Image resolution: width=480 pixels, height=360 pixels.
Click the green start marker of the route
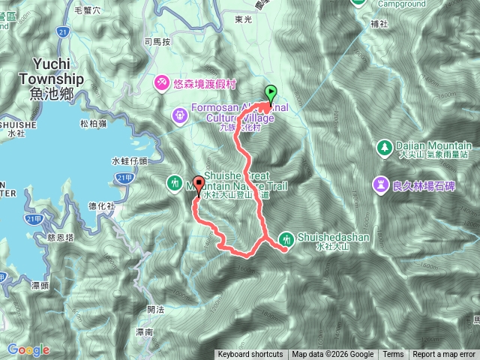click(270, 94)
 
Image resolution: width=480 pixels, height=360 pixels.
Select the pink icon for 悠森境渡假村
click(160, 82)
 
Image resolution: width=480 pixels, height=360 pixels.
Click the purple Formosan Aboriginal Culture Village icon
click(179, 115)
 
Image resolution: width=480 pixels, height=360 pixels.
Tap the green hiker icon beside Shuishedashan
click(286, 240)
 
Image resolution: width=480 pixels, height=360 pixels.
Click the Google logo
click(28, 349)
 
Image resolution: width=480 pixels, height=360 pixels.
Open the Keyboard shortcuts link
click(250, 355)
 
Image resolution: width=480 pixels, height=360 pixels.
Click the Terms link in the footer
click(392, 355)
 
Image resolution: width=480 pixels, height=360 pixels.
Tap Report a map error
click(444, 355)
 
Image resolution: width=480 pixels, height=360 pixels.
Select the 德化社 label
click(101, 205)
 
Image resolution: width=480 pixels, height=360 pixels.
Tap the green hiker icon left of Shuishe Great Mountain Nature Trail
click(174, 182)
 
